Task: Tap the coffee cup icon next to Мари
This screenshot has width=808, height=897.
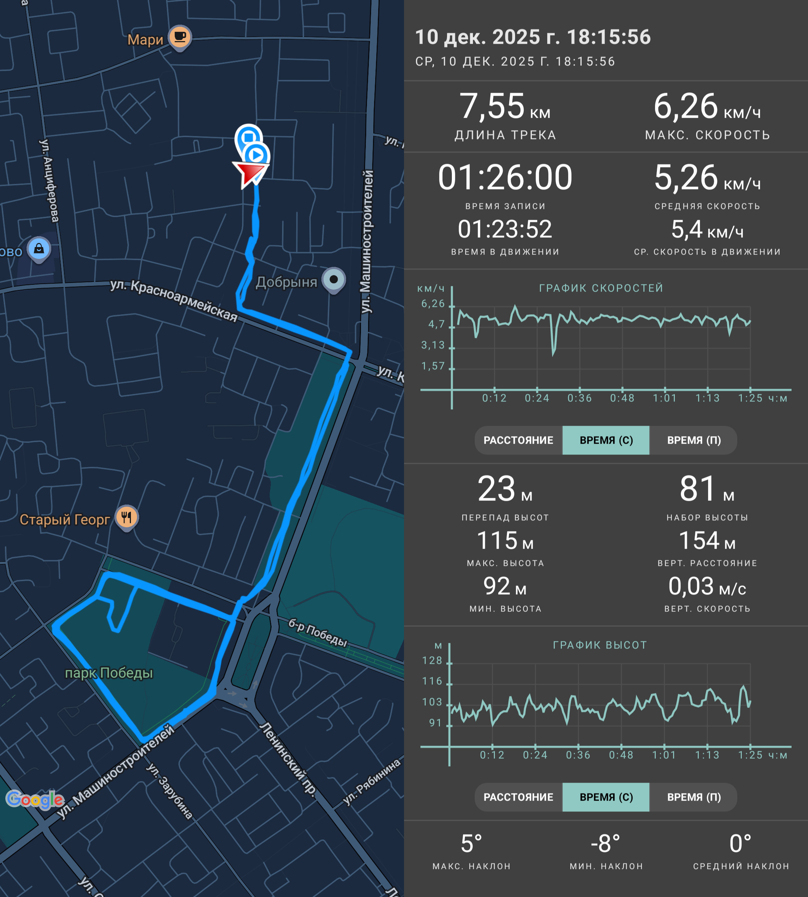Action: tap(180, 38)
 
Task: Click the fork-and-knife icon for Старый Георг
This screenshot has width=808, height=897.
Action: tap(126, 518)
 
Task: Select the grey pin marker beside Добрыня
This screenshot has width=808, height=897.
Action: tap(334, 280)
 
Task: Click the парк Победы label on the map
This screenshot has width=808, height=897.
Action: tap(109, 673)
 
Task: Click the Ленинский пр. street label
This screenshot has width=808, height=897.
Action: tap(288, 760)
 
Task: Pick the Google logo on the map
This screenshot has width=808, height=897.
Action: tap(35, 799)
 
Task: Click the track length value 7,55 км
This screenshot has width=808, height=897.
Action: tap(505, 107)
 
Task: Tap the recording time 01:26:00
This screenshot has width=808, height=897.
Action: tap(505, 178)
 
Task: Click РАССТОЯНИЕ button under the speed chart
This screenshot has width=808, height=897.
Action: tap(518, 440)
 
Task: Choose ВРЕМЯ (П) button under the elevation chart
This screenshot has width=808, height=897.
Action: tap(694, 797)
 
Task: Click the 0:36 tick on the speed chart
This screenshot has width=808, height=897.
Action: tap(579, 398)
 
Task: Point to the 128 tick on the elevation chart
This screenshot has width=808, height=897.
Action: tap(432, 660)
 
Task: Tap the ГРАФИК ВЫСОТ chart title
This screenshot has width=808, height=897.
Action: tap(600, 645)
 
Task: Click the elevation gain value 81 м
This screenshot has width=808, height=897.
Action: tap(707, 489)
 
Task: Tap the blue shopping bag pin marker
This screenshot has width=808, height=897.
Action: tap(39, 249)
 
